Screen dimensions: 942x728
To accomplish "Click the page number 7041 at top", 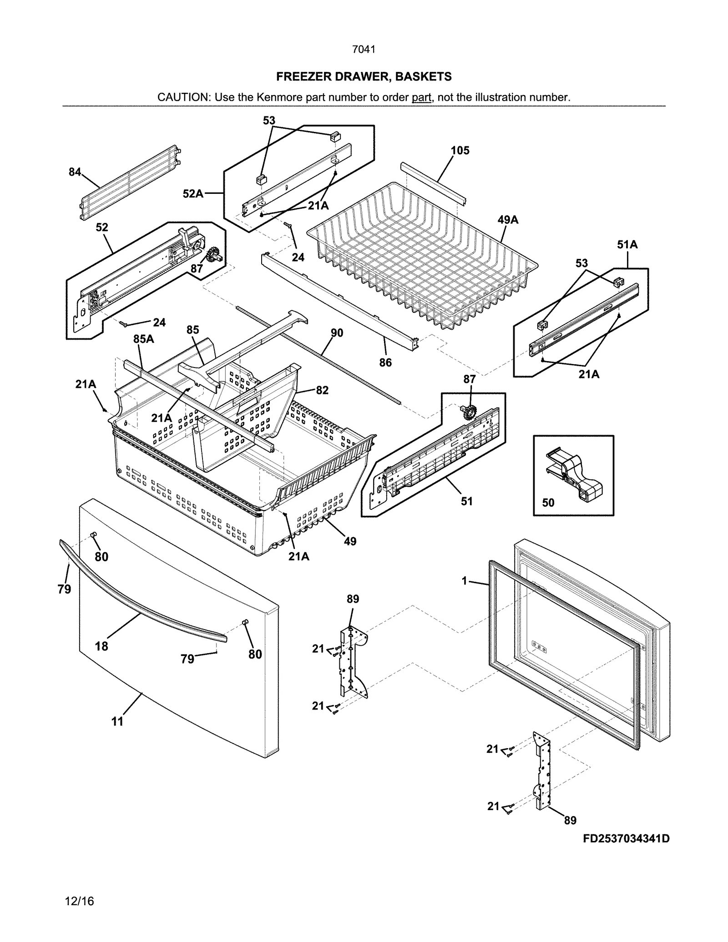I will click(364, 49).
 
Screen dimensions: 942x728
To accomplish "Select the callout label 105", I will click(460, 151).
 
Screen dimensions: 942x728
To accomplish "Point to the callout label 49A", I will click(508, 220).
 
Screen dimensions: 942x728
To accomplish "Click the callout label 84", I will click(75, 172).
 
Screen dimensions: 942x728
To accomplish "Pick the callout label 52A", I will click(193, 194).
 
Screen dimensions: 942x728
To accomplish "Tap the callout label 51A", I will click(627, 245).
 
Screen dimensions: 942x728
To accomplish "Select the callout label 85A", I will click(143, 338).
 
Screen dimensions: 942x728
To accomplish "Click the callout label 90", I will click(337, 333).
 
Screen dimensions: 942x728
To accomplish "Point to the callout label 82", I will click(322, 390).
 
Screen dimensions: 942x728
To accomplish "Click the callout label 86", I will click(385, 363).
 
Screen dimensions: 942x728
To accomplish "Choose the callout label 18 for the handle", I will click(101, 646).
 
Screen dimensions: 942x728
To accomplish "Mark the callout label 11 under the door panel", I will click(117, 721).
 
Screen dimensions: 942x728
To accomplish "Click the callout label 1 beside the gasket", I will click(464, 581).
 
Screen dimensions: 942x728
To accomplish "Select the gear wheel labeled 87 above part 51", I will click(467, 413).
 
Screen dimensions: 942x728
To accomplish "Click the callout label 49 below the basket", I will click(350, 541).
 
